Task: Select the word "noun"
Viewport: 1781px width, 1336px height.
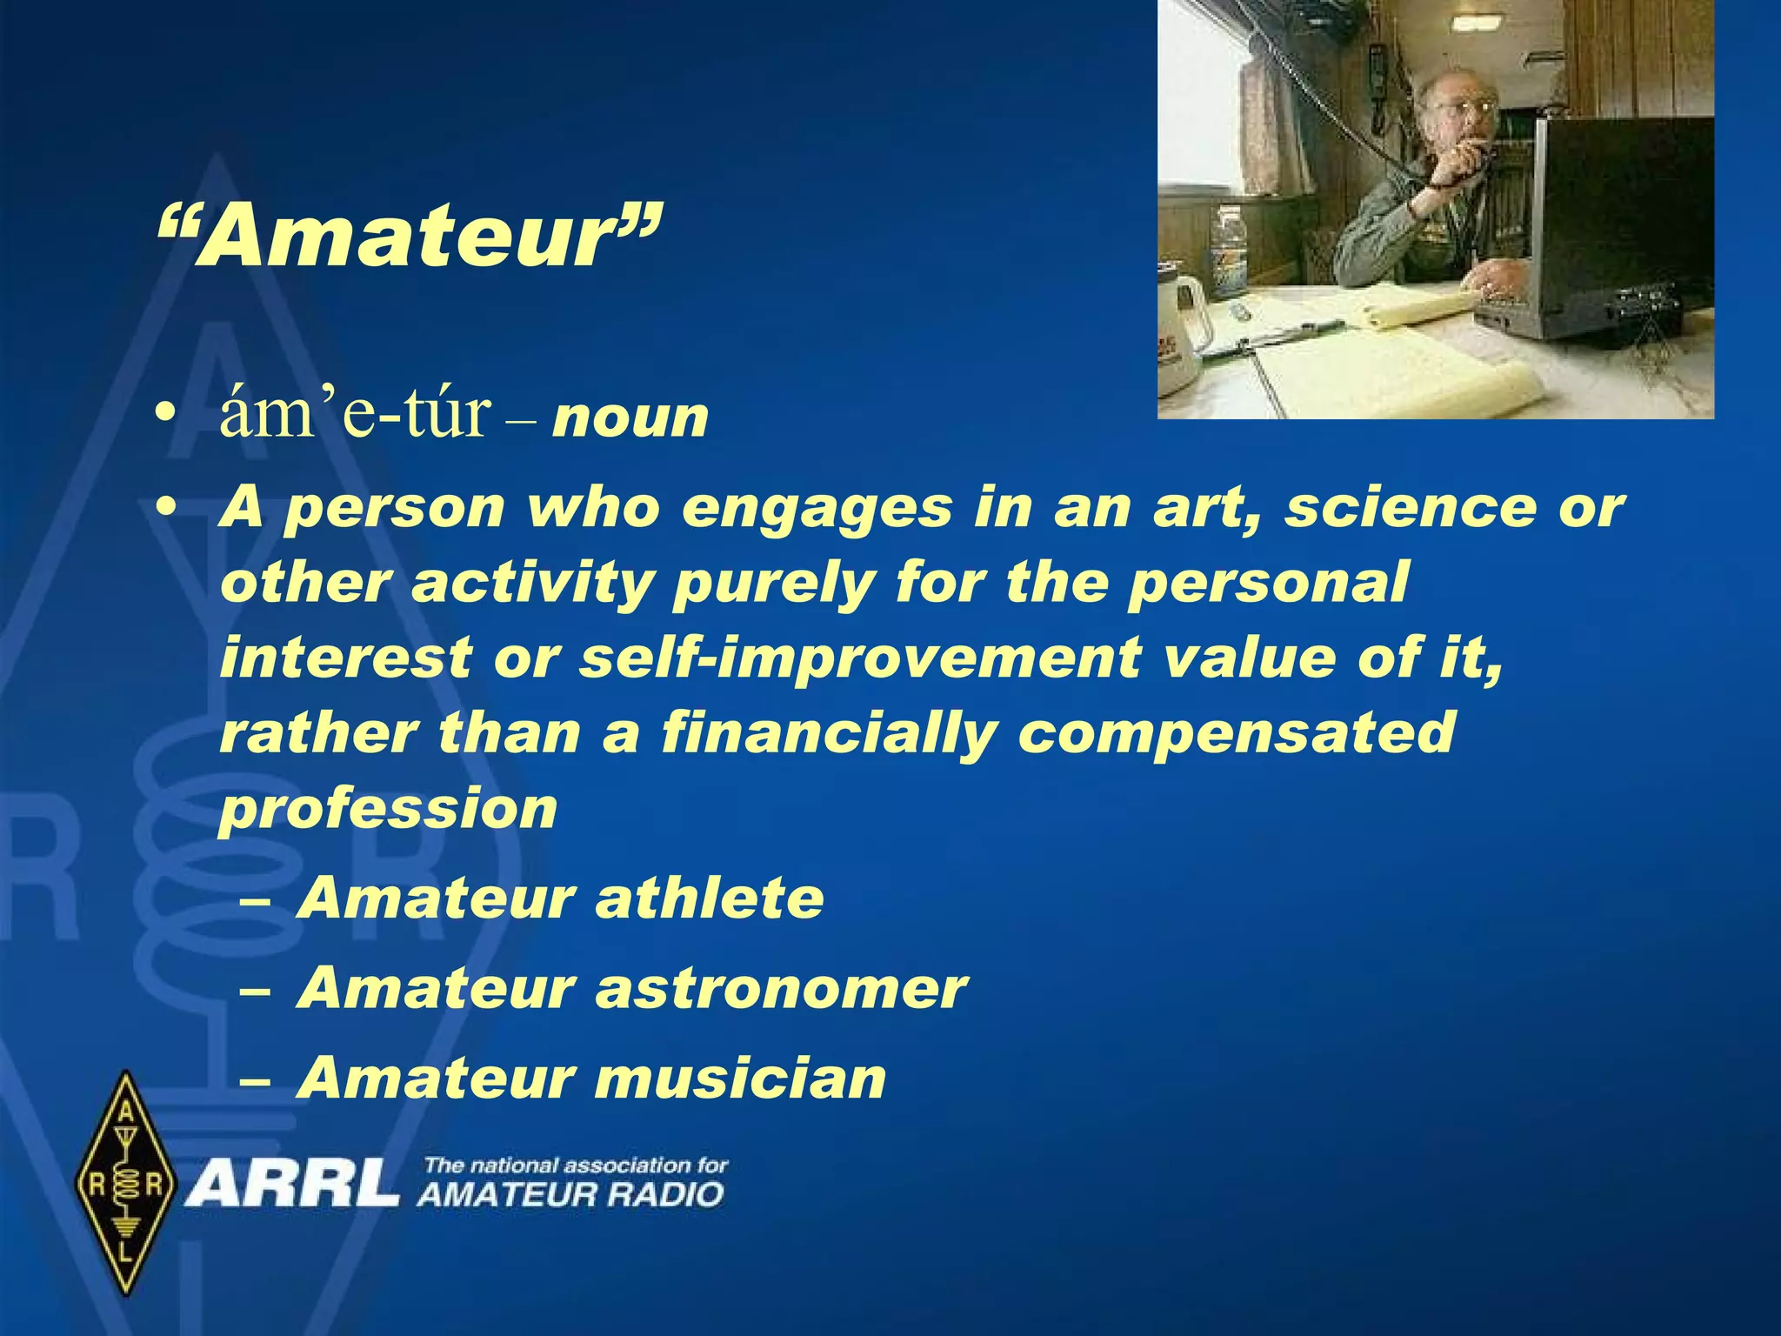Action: click(x=630, y=418)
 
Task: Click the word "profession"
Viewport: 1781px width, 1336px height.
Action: click(x=388, y=809)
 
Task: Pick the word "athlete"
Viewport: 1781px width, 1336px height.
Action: click(x=709, y=898)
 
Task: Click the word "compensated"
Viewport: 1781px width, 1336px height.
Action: click(x=1236, y=733)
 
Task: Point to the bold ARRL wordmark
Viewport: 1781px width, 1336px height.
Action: click(x=290, y=1185)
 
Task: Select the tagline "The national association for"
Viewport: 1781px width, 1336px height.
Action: click(x=576, y=1166)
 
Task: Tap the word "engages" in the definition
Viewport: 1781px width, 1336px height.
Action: click(x=817, y=508)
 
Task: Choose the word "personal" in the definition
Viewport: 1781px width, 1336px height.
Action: click(x=1268, y=582)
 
